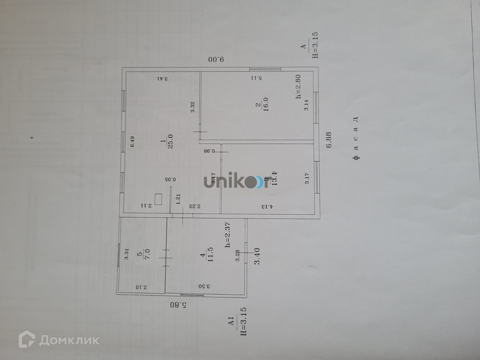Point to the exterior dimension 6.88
tap(329, 140)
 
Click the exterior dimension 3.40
tap(257, 256)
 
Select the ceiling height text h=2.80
tap(298, 87)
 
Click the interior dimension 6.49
tap(132, 141)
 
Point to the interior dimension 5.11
tap(256, 78)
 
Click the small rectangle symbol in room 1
tap(158, 199)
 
